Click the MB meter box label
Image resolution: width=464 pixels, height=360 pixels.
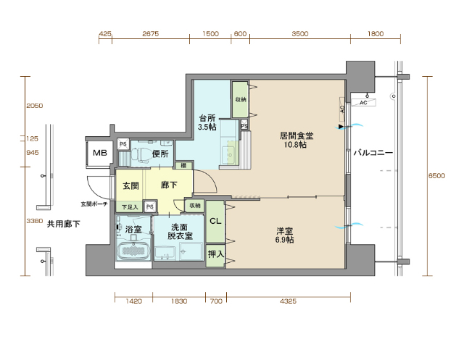[x=99, y=153]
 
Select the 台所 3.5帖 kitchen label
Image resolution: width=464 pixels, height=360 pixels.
[x=207, y=122]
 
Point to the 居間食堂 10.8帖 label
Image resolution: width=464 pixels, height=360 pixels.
[x=297, y=140]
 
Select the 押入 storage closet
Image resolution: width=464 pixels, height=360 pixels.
[x=215, y=254]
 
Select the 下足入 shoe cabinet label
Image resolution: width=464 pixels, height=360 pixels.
[x=128, y=207]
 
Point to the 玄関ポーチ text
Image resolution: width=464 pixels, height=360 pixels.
[x=94, y=204]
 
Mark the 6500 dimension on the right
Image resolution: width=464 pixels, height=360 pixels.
[x=436, y=176]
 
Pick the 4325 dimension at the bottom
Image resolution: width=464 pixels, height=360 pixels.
[x=288, y=301]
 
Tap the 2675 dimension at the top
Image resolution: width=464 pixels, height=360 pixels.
[x=151, y=34]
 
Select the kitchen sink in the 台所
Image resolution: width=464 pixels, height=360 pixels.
[x=231, y=153]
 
